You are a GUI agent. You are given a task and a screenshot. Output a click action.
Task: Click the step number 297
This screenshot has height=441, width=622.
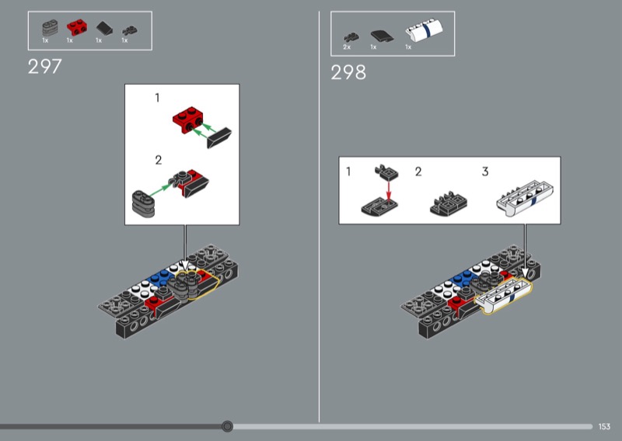(45, 67)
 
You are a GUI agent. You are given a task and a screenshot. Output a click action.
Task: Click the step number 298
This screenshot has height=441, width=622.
(348, 72)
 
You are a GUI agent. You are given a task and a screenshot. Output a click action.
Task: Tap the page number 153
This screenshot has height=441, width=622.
(604, 426)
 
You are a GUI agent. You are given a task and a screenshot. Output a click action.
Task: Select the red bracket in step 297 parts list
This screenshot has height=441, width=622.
(76, 27)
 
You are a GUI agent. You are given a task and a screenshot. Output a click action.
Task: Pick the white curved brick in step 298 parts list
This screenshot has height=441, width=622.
(424, 30)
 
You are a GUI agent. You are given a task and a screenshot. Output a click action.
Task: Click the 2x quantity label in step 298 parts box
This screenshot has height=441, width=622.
(347, 47)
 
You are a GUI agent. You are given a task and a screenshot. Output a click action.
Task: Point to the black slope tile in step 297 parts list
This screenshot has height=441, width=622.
(104, 28)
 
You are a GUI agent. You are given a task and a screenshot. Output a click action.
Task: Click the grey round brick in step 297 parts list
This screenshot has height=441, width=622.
(50, 28)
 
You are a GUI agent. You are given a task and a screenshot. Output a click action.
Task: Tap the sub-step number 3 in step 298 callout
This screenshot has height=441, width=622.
(485, 172)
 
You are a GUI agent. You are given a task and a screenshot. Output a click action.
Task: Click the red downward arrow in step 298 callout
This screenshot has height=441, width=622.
(389, 190)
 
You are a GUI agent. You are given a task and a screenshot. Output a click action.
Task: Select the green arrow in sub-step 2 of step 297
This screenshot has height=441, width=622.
(162, 189)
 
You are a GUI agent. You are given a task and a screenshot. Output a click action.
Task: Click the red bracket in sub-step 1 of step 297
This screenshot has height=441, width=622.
(187, 120)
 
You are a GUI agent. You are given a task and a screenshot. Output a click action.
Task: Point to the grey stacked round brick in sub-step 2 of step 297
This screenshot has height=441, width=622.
(143, 203)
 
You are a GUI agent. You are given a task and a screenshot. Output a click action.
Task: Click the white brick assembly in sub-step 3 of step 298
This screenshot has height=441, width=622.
(525, 198)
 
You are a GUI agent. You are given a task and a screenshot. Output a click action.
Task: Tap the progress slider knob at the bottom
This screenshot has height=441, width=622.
(227, 426)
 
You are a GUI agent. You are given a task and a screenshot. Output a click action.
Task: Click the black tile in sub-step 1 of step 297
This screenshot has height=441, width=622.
(219, 138)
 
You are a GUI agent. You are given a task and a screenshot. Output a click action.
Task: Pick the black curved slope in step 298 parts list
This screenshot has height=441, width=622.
(382, 36)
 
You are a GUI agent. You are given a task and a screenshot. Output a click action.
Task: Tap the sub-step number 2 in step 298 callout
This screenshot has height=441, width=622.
(418, 172)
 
